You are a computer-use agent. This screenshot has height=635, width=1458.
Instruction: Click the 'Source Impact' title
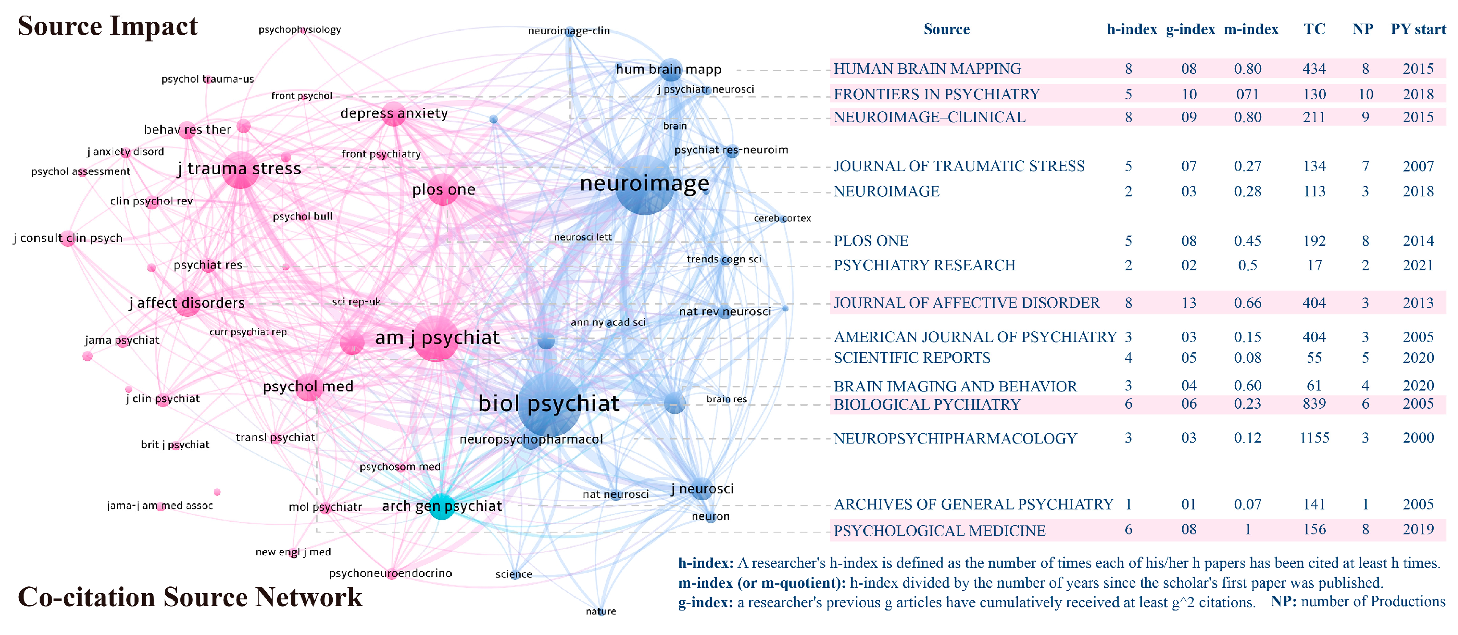coord(107,26)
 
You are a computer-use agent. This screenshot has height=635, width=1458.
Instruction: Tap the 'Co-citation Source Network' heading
coord(190,597)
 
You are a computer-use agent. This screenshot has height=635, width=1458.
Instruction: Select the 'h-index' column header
coord(1131,29)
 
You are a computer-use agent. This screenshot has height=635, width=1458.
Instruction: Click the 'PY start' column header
coord(1418,29)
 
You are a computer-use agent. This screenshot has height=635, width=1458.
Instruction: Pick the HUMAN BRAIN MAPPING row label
coord(927,69)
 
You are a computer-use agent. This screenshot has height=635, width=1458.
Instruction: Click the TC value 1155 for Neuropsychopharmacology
coord(1314,438)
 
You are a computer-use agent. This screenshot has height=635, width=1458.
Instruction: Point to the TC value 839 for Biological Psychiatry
coord(1314,404)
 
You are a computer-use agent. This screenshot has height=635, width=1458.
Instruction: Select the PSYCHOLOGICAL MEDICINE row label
coord(939,531)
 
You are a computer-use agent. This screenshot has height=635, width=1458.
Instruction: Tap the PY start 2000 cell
coord(1418,438)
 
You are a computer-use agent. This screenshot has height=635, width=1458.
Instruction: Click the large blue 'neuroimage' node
coord(645,185)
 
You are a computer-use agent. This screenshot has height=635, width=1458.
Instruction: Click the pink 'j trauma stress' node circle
coord(241,170)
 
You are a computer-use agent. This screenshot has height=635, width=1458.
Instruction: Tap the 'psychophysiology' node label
coord(299,29)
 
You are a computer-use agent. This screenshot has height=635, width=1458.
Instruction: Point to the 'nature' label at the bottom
coord(600,611)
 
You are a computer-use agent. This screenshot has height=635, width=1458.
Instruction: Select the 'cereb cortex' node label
coord(782,219)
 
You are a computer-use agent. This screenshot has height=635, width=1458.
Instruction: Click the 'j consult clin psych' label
coord(68,238)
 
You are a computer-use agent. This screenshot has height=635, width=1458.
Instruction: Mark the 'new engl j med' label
coord(293,552)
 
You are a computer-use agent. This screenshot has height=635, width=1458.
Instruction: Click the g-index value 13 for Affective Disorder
coord(1188,303)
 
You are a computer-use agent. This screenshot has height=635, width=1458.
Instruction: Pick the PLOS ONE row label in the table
coord(870,241)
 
